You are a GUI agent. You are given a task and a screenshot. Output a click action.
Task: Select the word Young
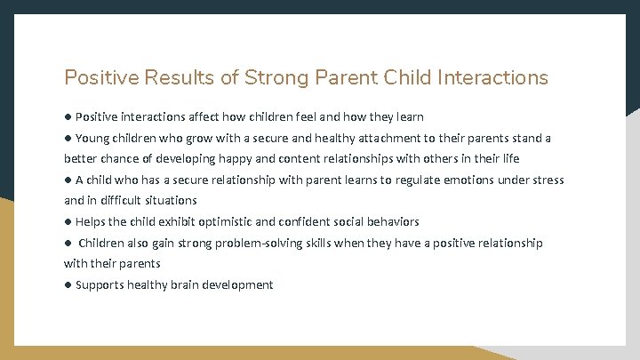click(93, 138)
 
